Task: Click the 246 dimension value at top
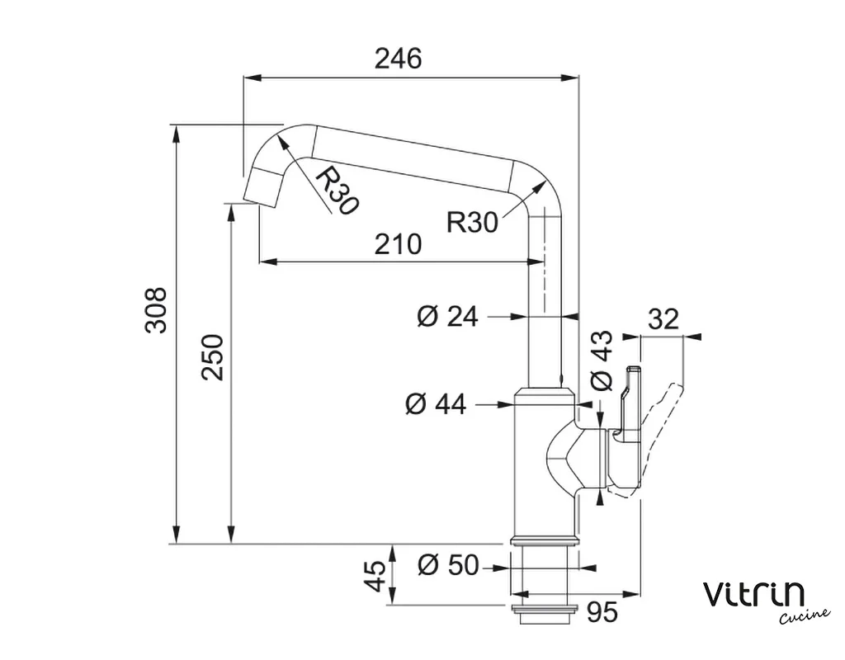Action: click(399, 59)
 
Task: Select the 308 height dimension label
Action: click(156, 311)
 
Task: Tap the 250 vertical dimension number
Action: click(212, 357)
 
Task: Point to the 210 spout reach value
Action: click(399, 244)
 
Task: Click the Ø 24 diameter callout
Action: click(447, 316)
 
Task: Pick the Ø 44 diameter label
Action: click(436, 403)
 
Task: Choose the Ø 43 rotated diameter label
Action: click(602, 361)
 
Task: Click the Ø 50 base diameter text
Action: click(448, 566)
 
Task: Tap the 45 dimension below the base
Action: click(376, 575)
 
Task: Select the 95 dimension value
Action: click(602, 612)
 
